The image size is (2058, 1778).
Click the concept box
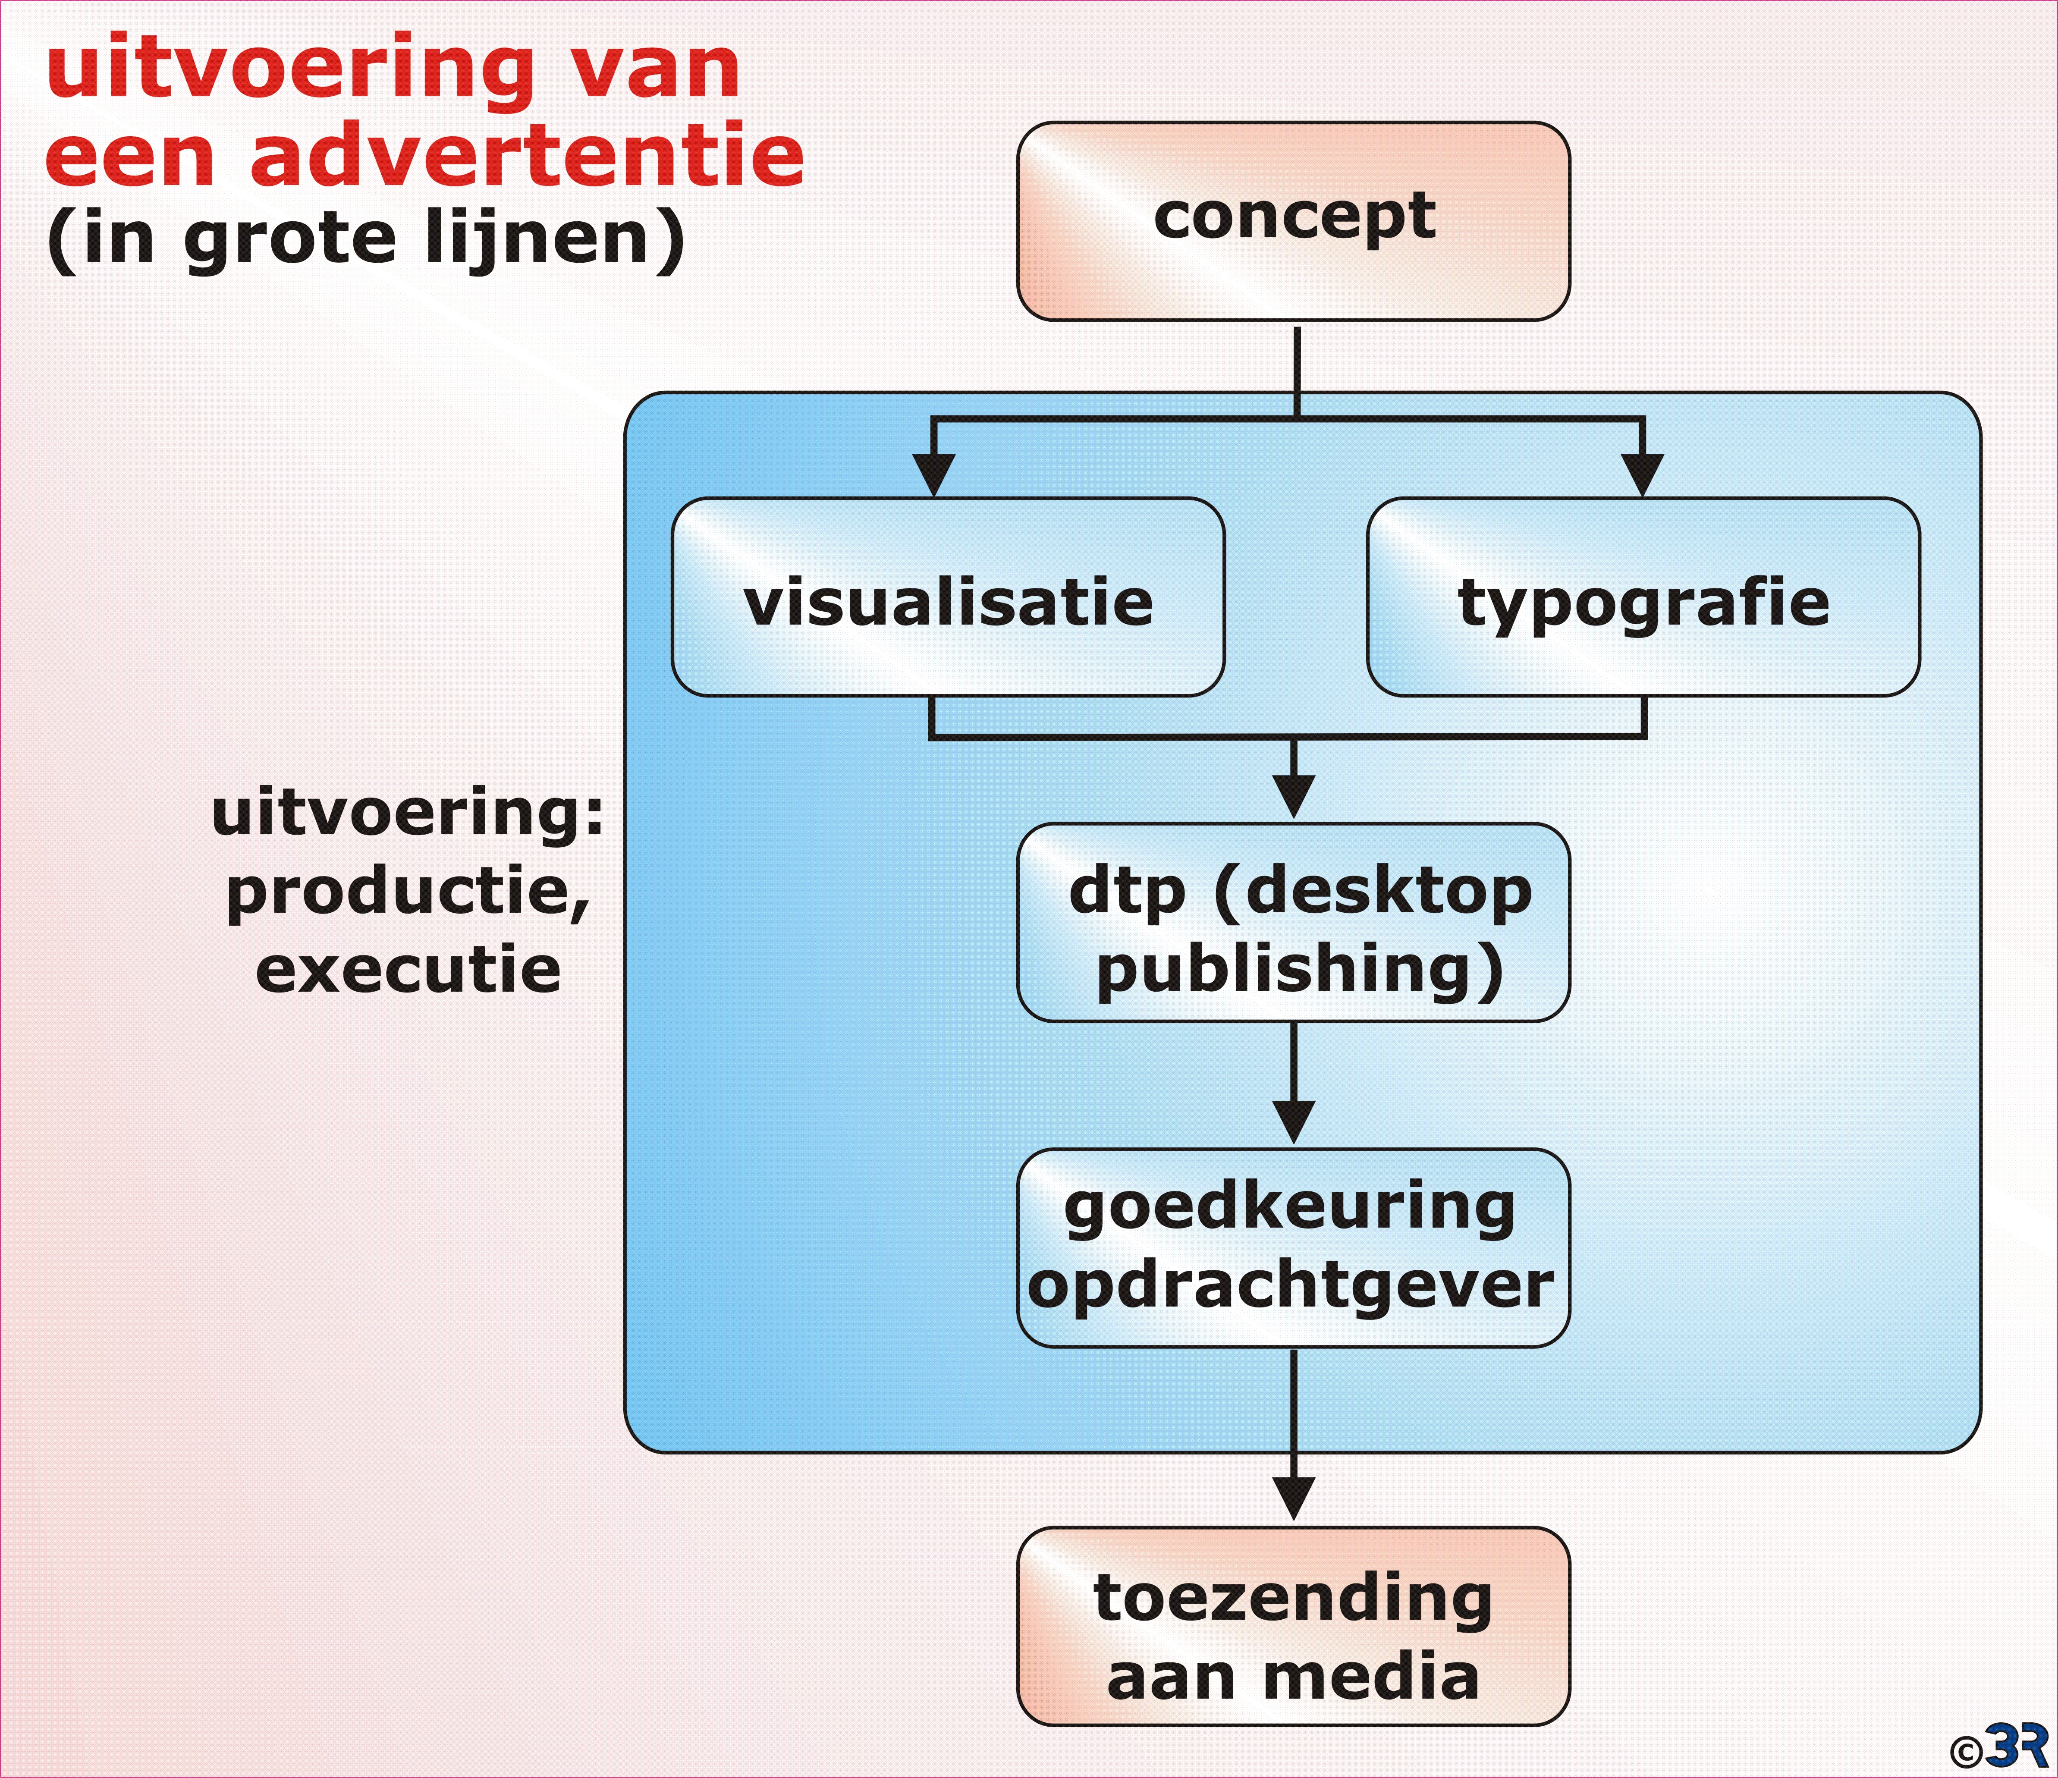(1293, 220)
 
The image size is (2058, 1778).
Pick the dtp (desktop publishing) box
(1293, 923)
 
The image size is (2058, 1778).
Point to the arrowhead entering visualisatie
(933, 475)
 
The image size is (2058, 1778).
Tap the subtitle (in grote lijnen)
(365, 240)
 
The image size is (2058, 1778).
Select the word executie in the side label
(408, 970)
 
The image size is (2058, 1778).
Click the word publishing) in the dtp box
(1300, 971)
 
